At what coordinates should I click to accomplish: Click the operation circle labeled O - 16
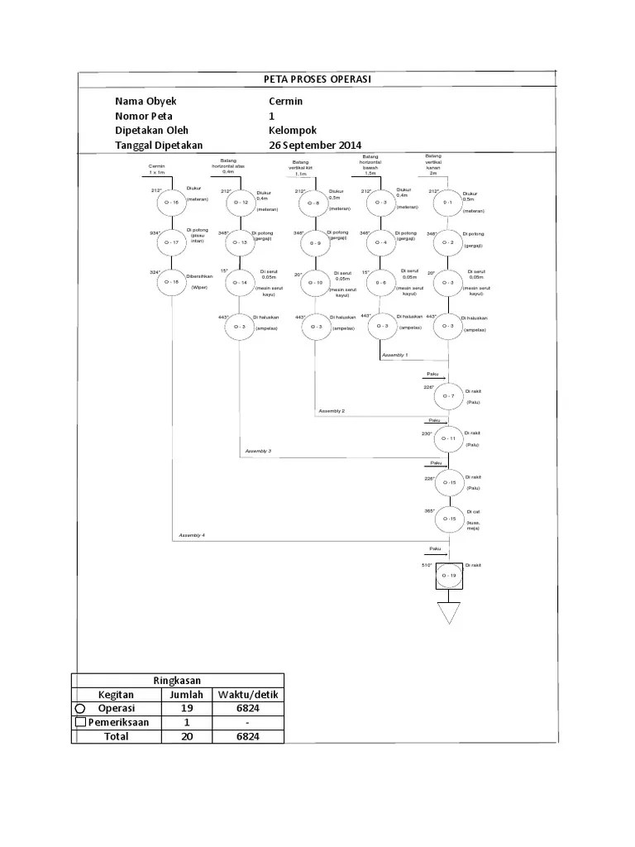(x=171, y=202)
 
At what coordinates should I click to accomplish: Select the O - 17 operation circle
(x=171, y=242)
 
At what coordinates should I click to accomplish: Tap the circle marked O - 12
(x=240, y=202)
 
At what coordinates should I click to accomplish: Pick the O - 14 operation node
(x=240, y=283)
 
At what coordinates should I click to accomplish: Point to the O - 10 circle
(x=315, y=283)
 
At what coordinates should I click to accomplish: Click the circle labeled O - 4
(x=380, y=242)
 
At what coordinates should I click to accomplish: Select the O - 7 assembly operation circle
(x=448, y=396)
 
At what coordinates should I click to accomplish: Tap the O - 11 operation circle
(x=448, y=438)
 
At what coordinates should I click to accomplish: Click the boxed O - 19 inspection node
(x=448, y=575)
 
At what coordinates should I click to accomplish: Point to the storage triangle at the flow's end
(x=448, y=613)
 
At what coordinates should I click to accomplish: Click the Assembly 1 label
(x=394, y=354)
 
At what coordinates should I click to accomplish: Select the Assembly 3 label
(x=258, y=451)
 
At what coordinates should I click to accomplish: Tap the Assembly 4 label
(x=192, y=536)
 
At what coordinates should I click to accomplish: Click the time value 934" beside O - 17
(x=155, y=233)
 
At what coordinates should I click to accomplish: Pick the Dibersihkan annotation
(x=201, y=274)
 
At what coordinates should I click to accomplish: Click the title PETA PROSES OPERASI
(x=317, y=79)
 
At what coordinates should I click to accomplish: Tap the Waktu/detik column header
(x=247, y=695)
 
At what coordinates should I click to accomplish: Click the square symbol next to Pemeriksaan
(x=80, y=723)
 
